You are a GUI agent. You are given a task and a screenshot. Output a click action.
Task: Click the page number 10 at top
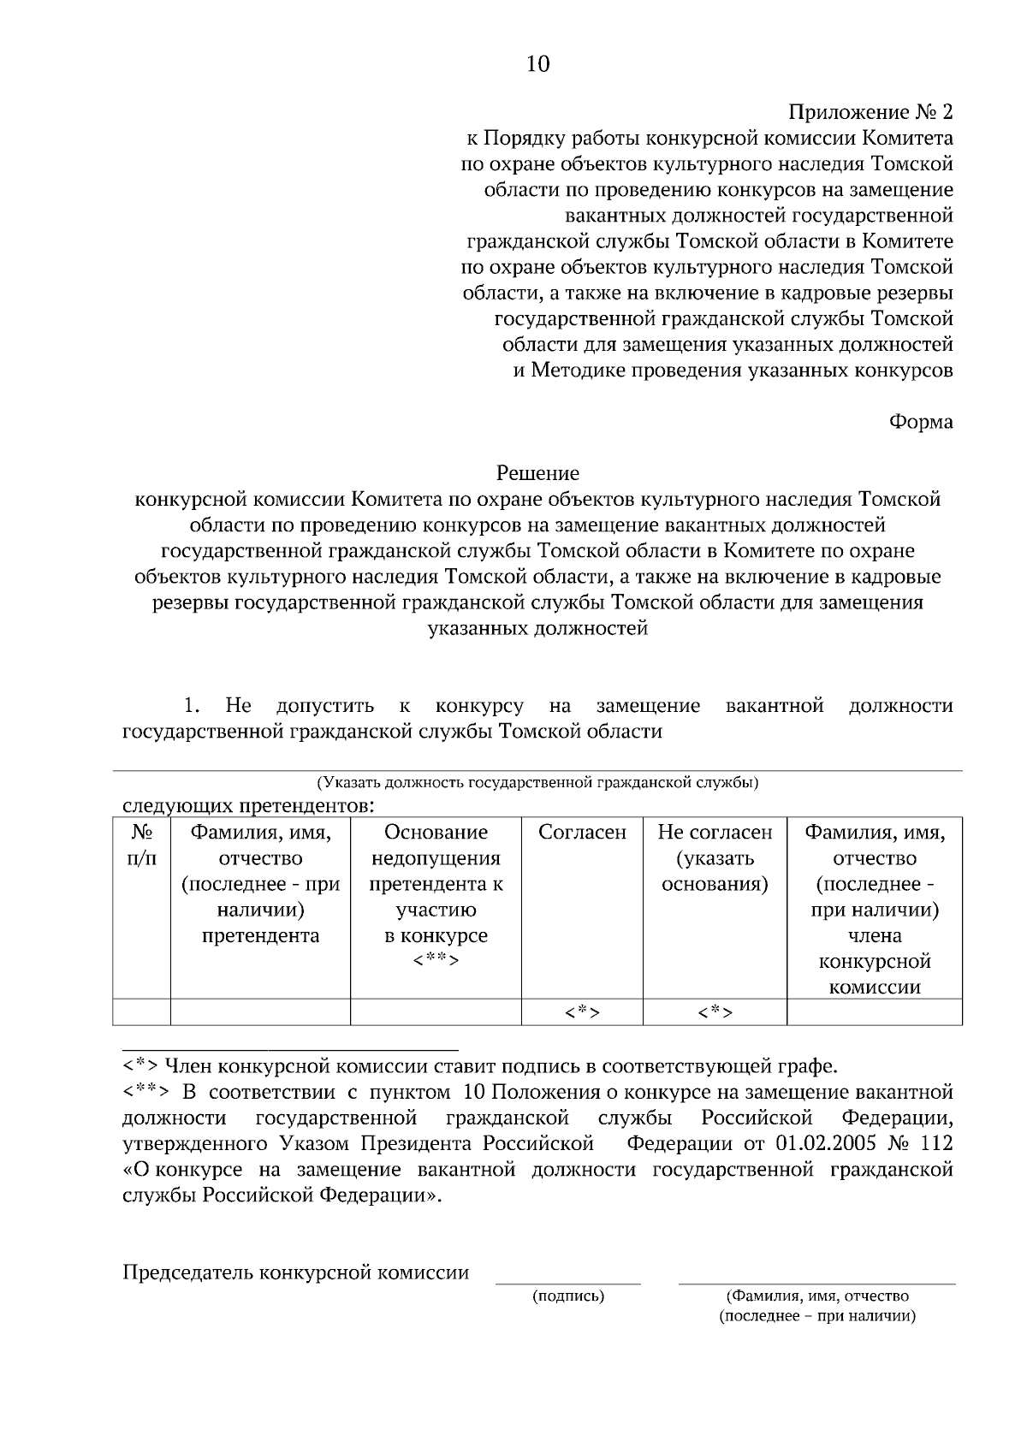[x=537, y=65]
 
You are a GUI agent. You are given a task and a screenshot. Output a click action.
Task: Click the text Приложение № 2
[x=870, y=112]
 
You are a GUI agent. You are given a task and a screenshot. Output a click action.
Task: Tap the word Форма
[x=921, y=422]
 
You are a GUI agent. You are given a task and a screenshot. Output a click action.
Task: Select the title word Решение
[x=537, y=473]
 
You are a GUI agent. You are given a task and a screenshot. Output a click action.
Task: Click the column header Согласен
[x=582, y=833]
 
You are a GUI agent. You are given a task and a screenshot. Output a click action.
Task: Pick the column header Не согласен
[x=715, y=833]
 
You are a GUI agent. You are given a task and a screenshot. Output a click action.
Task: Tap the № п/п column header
[x=141, y=845]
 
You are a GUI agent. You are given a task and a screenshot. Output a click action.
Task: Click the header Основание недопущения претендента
[x=436, y=858]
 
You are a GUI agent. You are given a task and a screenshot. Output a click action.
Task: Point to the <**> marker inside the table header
[x=436, y=961]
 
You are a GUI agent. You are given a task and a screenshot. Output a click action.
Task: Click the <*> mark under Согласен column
[x=582, y=1013]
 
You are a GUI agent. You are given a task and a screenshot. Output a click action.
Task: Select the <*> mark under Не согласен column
[x=715, y=1013]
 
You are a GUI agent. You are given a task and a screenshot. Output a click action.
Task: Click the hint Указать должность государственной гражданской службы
[x=537, y=782]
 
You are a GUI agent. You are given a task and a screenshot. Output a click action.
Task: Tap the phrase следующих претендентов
[x=248, y=806]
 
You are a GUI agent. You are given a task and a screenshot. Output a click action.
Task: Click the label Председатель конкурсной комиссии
[x=296, y=1272]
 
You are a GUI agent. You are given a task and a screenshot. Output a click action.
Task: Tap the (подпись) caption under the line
[x=568, y=1296]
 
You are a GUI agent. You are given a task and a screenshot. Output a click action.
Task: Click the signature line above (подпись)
[x=568, y=1283]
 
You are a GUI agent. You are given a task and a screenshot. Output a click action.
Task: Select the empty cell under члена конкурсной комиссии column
[x=874, y=1013]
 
